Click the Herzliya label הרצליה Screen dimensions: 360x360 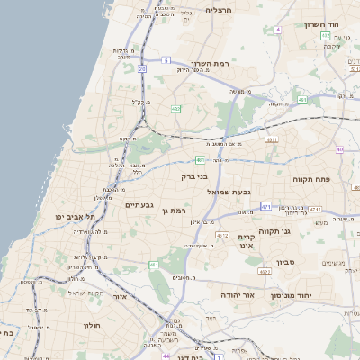(219, 10)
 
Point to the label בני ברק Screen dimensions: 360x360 (195, 177)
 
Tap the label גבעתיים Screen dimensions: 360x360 (142, 205)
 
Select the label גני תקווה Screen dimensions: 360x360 (274, 231)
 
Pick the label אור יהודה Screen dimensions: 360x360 (238, 294)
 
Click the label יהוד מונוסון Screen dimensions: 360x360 (315, 294)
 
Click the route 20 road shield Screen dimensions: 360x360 (142, 67)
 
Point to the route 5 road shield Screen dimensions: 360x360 (166, 60)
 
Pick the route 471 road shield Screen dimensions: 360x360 (265, 207)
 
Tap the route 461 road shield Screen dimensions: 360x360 (155, 265)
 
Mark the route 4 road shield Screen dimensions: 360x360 (278, 30)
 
